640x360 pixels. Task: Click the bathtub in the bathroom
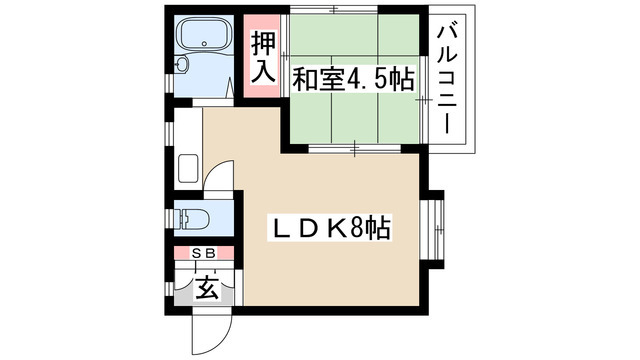[x=205, y=34]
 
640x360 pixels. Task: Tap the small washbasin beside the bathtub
[x=181, y=64]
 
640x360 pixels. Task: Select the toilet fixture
[x=191, y=219]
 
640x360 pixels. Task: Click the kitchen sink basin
[x=188, y=169]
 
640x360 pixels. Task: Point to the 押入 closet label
[x=263, y=57]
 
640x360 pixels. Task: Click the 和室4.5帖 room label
[x=353, y=79]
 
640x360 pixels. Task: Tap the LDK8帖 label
[x=329, y=228]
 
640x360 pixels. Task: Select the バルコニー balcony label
[x=447, y=80]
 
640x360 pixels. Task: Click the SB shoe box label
[x=204, y=254]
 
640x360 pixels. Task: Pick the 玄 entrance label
[x=207, y=288]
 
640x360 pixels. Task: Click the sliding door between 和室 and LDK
[x=355, y=148]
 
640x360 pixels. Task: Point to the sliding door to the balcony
[x=424, y=99]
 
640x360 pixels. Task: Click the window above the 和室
[x=334, y=9]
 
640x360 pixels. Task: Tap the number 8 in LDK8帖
[x=356, y=228]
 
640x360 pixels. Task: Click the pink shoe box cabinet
[x=204, y=253]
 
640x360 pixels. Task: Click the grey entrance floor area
[x=204, y=300]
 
